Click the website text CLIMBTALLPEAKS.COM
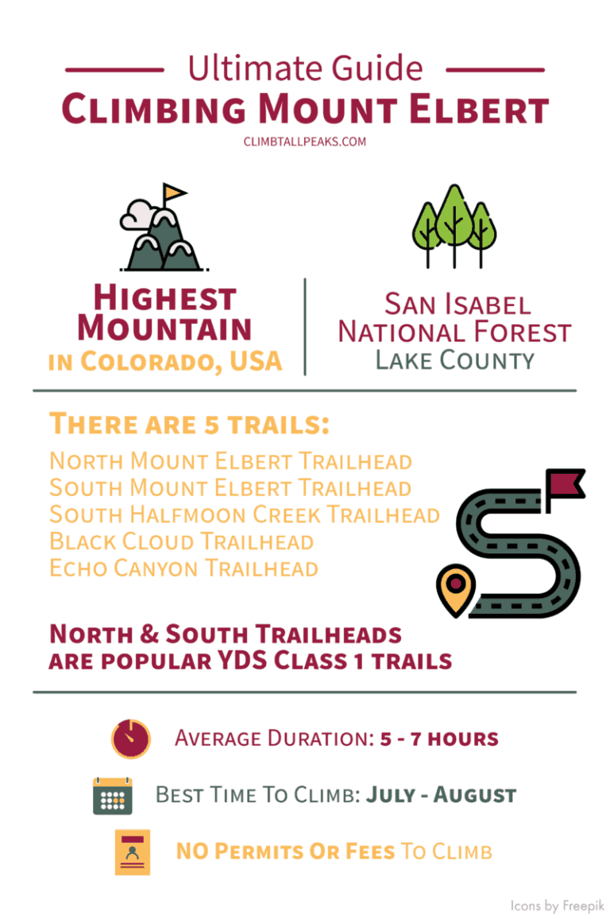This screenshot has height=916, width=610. tap(304, 142)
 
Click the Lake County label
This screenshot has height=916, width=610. tap(454, 360)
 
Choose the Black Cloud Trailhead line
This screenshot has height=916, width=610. tap(181, 541)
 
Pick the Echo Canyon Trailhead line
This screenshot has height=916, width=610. tap(183, 569)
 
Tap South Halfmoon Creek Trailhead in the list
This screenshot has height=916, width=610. tap(244, 514)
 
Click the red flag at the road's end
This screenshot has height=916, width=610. tap(566, 482)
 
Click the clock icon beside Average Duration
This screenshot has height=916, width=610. tap(130, 739)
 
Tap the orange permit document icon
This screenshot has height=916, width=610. tap(132, 852)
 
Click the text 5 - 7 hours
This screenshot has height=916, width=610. tap(438, 739)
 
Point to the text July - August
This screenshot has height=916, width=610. tap(441, 795)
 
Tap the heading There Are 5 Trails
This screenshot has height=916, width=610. tap(189, 424)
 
